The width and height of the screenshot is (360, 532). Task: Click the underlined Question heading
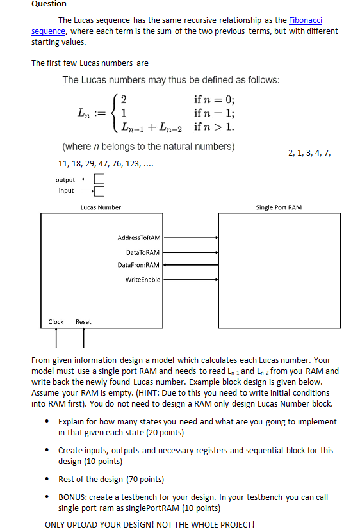click(49, 4)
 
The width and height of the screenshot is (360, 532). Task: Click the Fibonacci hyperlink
click(306, 21)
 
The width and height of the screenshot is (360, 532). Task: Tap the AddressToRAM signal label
click(139, 238)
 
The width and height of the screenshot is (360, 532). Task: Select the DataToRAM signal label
click(143, 252)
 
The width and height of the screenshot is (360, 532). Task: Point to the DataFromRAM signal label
click(139, 264)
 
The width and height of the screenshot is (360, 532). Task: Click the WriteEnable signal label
click(143, 280)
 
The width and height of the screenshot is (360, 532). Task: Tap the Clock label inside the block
click(56, 321)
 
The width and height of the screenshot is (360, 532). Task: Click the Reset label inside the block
click(83, 321)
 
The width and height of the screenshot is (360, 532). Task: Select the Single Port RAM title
click(279, 207)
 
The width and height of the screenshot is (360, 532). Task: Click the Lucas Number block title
click(101, 207)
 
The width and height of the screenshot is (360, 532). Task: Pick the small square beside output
click(99, 179)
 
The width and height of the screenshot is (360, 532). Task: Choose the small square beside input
click(99, 191)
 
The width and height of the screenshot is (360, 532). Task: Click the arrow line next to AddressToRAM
click(190, 238)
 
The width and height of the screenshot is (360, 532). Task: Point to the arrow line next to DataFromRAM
click(190, 264)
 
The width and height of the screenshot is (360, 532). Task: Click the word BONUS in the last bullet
click(72, 497)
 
